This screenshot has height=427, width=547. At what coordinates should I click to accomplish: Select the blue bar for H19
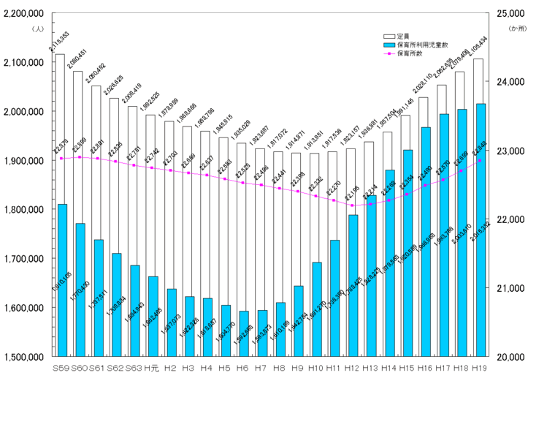480,230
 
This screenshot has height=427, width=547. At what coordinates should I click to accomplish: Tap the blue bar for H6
243,333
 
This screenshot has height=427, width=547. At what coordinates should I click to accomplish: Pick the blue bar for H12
353,285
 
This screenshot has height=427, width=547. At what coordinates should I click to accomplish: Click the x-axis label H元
152,367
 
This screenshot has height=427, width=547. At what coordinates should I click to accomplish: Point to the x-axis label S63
134,367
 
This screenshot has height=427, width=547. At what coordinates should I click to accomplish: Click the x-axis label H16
425,367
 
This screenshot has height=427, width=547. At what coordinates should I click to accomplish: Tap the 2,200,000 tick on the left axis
23,14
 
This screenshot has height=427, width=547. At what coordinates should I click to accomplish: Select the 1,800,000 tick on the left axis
23,210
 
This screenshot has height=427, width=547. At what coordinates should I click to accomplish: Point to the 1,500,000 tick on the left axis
23,357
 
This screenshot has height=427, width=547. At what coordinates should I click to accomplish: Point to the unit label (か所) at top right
517,28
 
